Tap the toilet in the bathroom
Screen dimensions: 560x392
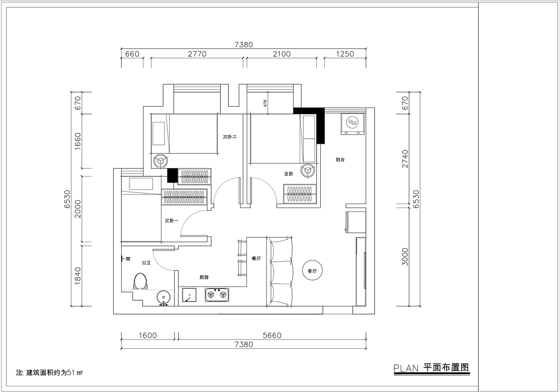140,282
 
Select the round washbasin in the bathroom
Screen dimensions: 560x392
164,297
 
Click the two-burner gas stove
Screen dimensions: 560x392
217,295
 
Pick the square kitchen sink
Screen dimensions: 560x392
189,295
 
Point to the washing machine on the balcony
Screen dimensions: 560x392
352,124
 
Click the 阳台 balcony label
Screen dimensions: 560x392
340,160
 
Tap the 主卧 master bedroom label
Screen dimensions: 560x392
288,173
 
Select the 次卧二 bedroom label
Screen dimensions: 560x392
230,137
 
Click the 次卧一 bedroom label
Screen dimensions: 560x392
171,221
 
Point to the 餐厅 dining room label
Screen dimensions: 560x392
256,258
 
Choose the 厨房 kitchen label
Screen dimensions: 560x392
204,277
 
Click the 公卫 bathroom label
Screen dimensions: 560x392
146,263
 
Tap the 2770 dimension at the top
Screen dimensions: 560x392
197,54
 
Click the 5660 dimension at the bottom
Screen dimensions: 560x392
272,335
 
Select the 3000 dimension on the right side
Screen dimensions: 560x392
405,257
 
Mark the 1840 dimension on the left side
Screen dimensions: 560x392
78,276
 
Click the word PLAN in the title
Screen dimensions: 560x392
406,368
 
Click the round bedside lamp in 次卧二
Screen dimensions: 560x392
160,161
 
